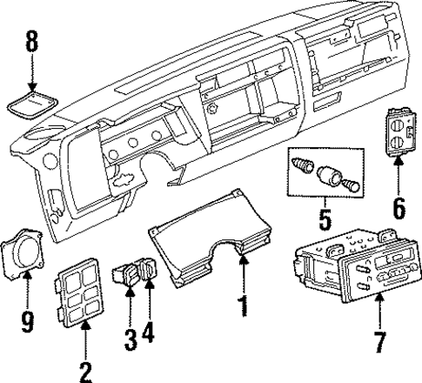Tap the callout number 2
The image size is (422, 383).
pyautogui.click(x=84, y=373)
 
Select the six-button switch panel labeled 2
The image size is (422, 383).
pyautogui.click(x=81, y=292)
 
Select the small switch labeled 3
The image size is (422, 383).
pyautogui.click(x=128, y=279)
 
